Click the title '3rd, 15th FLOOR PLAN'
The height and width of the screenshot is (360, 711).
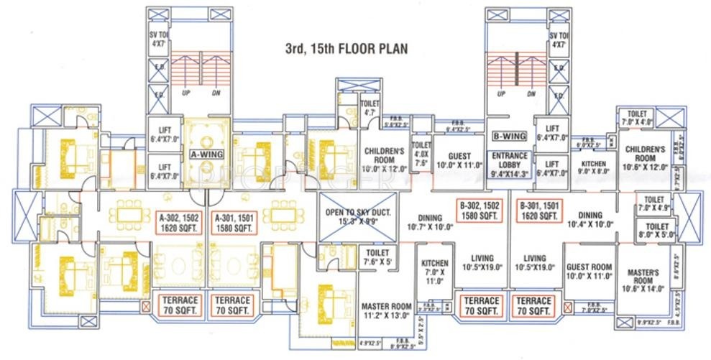[346, 50]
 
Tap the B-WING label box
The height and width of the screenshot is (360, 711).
[509, 136]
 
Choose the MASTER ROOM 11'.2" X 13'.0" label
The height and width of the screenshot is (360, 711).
[386, 310]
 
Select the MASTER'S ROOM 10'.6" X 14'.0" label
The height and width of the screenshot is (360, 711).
[643, 280]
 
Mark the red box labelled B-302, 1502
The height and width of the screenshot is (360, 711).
[481, 211]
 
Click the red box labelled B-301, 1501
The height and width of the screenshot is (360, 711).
[538, 211]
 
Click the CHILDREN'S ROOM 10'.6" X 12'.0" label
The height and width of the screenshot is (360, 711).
[645, 157]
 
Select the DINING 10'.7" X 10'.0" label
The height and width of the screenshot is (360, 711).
[429, 222]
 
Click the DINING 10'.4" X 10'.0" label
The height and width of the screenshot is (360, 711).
[590, 218]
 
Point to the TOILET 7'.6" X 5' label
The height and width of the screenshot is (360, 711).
[377, 257]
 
